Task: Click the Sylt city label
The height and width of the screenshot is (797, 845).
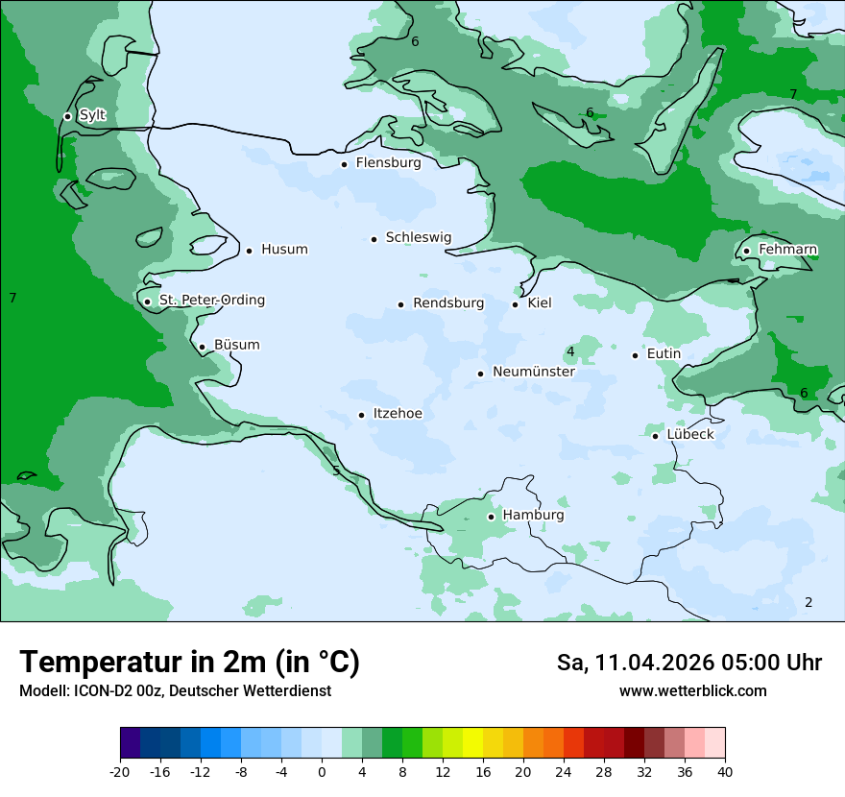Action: (92, 115)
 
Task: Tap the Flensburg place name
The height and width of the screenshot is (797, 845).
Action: (388, 163)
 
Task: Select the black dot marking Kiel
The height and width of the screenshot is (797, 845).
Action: (516, 304)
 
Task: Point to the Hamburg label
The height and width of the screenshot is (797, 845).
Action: (533, 516)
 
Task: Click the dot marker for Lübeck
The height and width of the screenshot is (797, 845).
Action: (656, 436)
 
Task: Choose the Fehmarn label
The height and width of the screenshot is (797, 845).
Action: (787, 250)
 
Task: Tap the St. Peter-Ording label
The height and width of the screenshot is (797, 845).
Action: (211, 301)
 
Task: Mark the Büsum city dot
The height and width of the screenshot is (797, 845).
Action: (202, 347)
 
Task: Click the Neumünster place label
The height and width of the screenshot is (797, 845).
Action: (533, 372)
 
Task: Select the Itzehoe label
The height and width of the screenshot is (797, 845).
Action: (397, 414)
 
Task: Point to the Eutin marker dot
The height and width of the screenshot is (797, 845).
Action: (636, 355)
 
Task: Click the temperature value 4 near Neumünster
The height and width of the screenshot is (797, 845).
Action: (570, 352)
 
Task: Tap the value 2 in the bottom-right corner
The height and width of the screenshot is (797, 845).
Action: (809, 602)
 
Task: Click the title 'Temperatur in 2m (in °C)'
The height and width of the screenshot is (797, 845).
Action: (189, 663)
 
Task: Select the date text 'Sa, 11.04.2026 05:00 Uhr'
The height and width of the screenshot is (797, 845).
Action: (688, 663)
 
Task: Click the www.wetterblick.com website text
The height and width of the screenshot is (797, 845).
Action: (692, 691)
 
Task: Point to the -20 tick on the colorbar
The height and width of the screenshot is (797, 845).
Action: (120, 771)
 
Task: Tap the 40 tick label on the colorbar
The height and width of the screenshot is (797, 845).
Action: (725, 771)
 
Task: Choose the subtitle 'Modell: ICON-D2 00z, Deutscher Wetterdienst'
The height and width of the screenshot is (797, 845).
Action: (175, 691)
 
